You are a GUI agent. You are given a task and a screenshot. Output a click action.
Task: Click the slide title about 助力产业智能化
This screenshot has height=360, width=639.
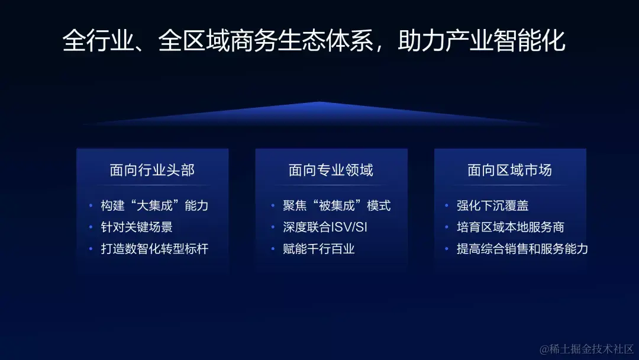[314, 41]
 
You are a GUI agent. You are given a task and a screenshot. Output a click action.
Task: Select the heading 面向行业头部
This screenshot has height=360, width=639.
[152, 171]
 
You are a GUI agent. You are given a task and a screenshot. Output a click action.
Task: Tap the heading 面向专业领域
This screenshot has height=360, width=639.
[331, 171]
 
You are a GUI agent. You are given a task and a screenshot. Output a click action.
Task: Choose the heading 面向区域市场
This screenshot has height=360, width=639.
[509, 171]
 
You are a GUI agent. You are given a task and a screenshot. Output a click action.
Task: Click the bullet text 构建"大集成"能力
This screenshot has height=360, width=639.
[154, 206]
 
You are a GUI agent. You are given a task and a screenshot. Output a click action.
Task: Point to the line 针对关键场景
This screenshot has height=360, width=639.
[137, 227]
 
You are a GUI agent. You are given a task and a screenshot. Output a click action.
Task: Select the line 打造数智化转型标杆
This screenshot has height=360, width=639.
[154, 249]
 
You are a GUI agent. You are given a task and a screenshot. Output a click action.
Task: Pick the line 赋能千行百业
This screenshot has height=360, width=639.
[319, 249]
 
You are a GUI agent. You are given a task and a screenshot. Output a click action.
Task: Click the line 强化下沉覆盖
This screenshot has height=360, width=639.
[492, 206]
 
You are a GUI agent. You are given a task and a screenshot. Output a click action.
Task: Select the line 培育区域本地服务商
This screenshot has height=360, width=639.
[510, 227]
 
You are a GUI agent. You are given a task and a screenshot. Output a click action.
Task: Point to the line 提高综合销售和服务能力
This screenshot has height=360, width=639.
[522, 249]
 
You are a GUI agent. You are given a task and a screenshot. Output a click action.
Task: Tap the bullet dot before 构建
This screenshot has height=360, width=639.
[91, 206]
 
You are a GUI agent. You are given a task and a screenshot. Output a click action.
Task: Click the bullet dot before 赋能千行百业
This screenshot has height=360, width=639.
[273, 249]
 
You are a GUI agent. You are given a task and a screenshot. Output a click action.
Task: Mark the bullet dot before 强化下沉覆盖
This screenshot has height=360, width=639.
[447, 206]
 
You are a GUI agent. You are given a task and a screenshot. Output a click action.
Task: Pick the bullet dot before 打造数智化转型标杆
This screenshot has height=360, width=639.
[91, 249]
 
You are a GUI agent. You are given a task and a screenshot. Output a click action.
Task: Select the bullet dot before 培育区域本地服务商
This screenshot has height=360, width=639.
[447, 227]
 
